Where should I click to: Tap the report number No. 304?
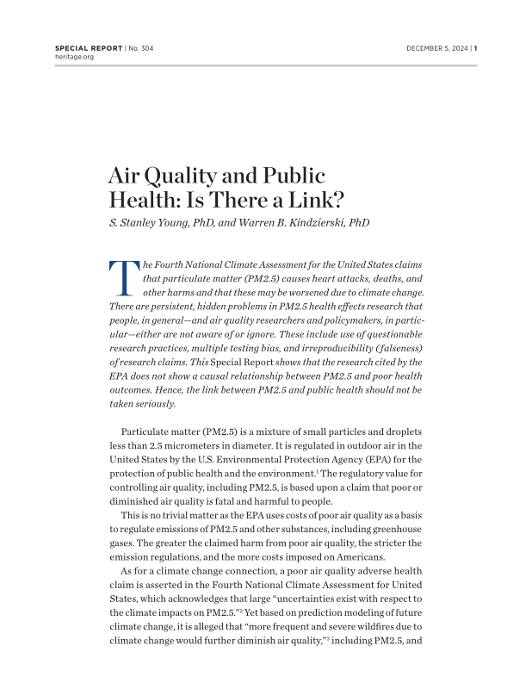click(146, 48)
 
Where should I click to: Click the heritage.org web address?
click(72, 57)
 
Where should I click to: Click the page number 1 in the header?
click(475, 48)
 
